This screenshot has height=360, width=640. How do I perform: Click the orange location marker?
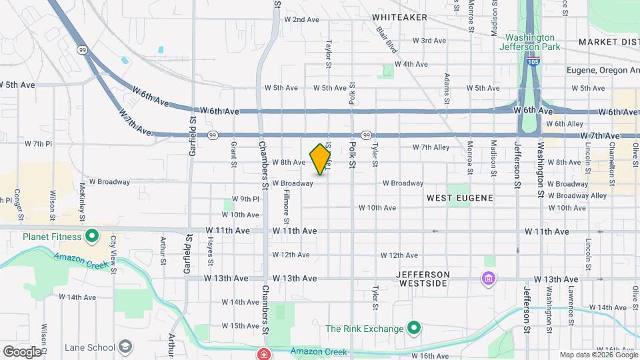pyautogui.click(x=321, y=159)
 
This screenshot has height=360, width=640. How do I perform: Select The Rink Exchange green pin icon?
pyautogui.click(x=414, y=328)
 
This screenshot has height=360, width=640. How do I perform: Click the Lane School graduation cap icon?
pyautogui.click(x=125, y=347)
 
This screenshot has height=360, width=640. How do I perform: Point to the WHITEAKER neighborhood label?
pyautogui.click(x=399, y=17)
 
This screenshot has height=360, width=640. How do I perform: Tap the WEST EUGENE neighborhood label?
pyautogui.click(x=460, y=198)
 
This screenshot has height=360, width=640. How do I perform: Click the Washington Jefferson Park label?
pyautogui.click(x=529, y=42)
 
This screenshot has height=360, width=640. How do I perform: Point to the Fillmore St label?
pyautogui.click(x=287, y=207)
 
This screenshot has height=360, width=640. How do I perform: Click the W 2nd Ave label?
pyautogui.click(x=301, y=19)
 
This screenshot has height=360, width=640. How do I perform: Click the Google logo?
pyautogui.click(x=22, y=351)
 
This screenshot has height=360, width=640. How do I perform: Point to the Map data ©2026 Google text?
pyautogui.click(x=599, y=355)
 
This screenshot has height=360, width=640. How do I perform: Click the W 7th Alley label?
pyautogui.click(x=431, y=147)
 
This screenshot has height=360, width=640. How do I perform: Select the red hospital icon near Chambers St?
pyautogui.click(x=265, y=353)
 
